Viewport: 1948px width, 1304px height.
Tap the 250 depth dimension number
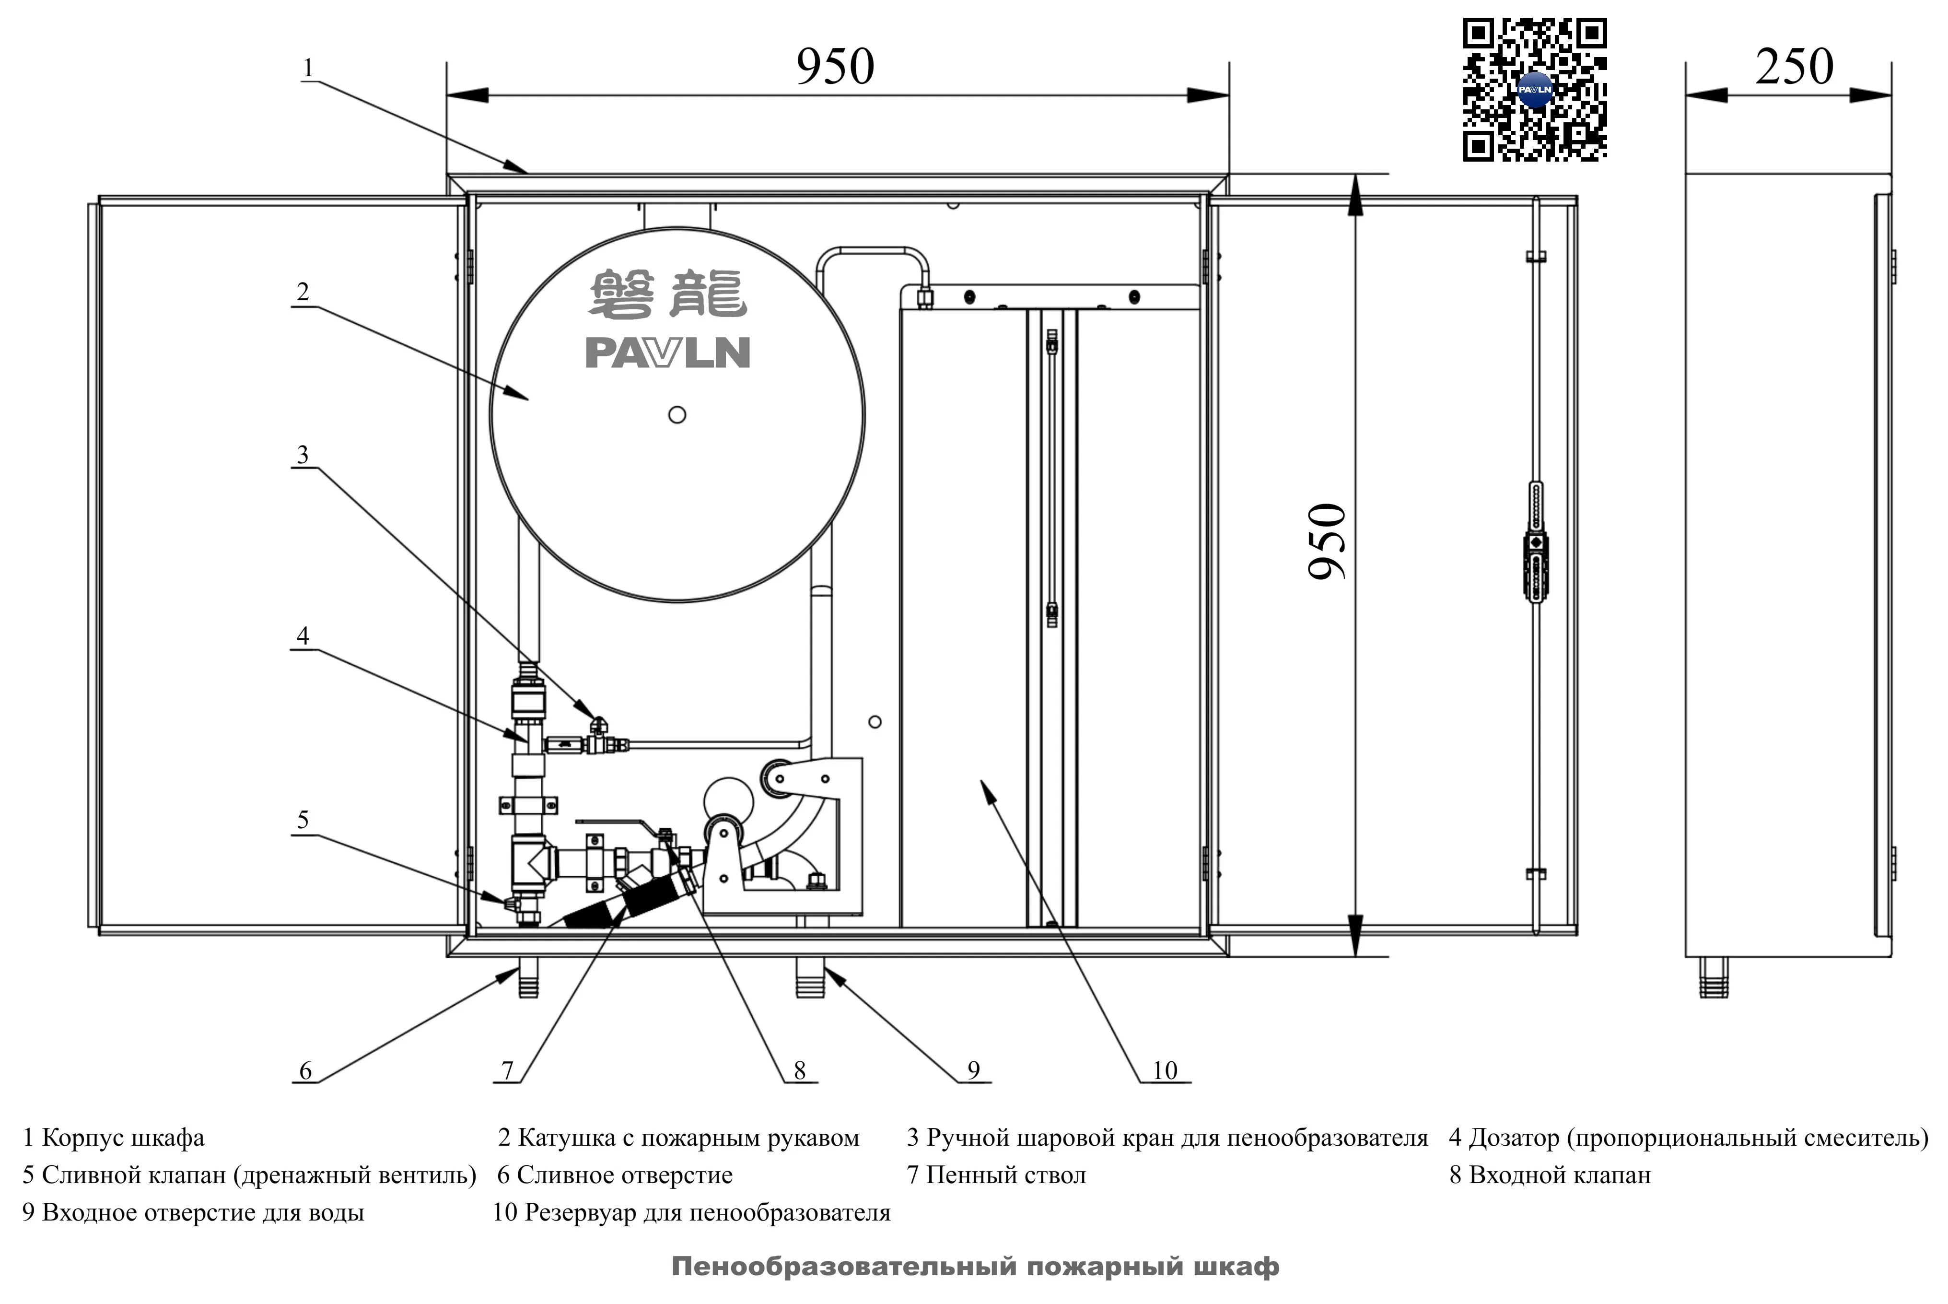click(x=1794, y=67)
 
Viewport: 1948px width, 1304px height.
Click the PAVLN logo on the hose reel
click(x=667, y=352)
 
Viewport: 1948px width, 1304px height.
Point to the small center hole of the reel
click(x=677, y=414)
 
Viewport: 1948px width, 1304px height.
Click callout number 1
click(x=308, y=67)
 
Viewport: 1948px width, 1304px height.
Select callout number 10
click(x=1165, y=1070)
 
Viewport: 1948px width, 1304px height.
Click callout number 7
click(x=507, y=1070)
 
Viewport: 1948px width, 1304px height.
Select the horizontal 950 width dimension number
click(x=836, y=67)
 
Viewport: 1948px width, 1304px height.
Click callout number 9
click(x=974, y=1070)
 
